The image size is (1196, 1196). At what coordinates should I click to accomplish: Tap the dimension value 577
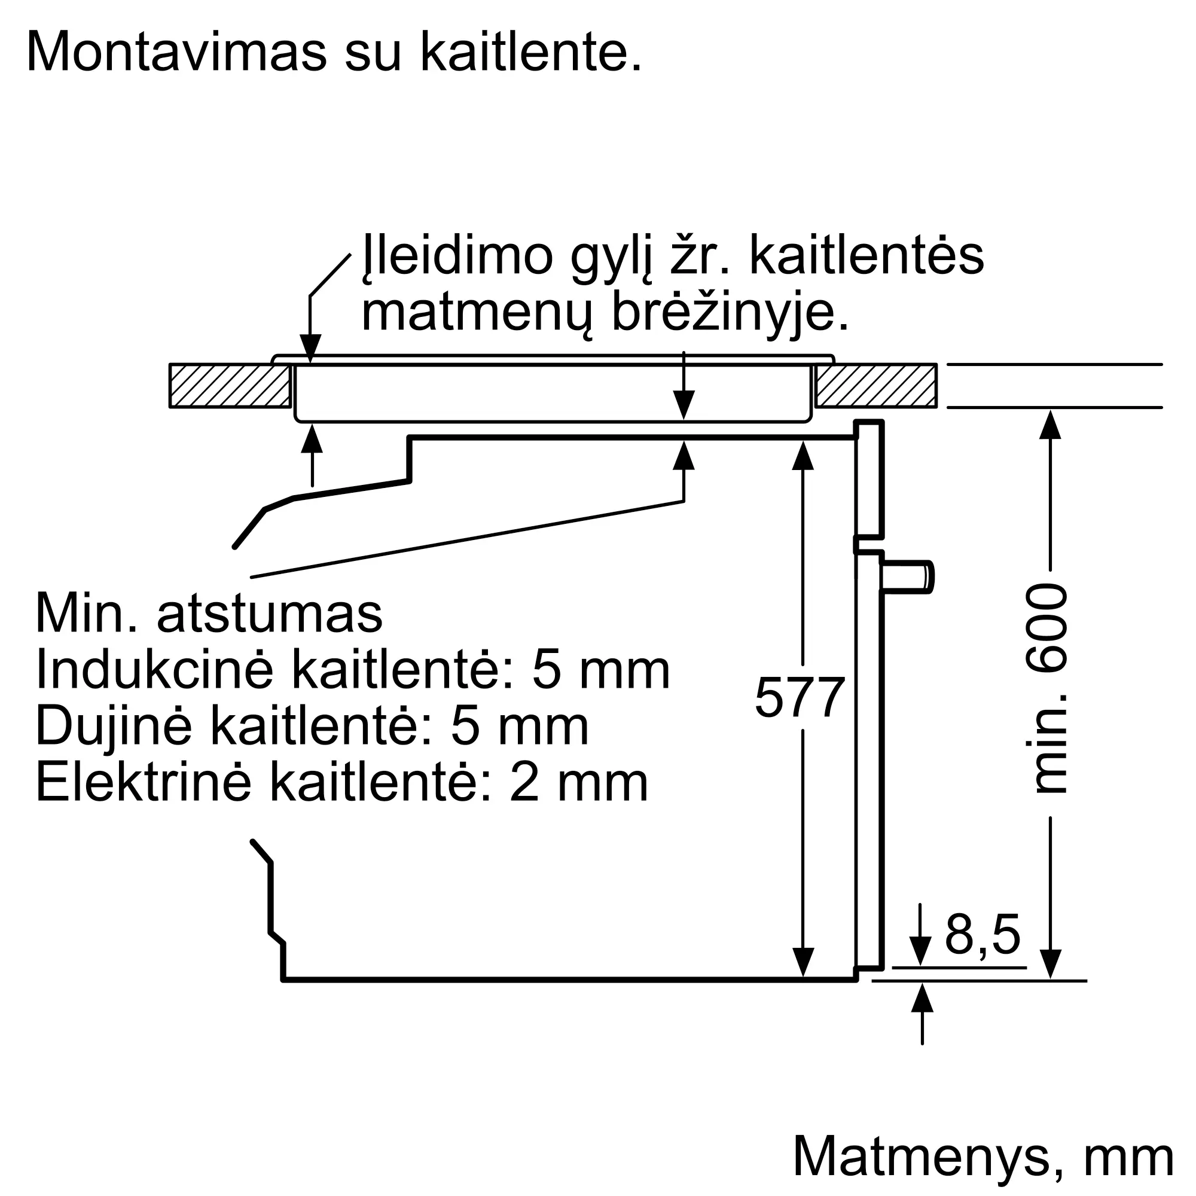(x=800, y=698)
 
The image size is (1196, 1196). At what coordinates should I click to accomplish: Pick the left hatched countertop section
(x=230, y=385)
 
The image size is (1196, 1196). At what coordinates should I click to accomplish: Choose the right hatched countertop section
(x=875, y=385)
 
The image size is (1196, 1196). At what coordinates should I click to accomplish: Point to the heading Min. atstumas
(x=209, y=614)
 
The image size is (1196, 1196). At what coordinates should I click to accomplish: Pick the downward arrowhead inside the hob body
(x=684, y=405)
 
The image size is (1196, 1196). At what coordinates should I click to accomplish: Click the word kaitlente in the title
(x=530, y=52)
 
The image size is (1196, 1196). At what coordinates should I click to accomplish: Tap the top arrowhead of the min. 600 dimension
(x=1051, y=425)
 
